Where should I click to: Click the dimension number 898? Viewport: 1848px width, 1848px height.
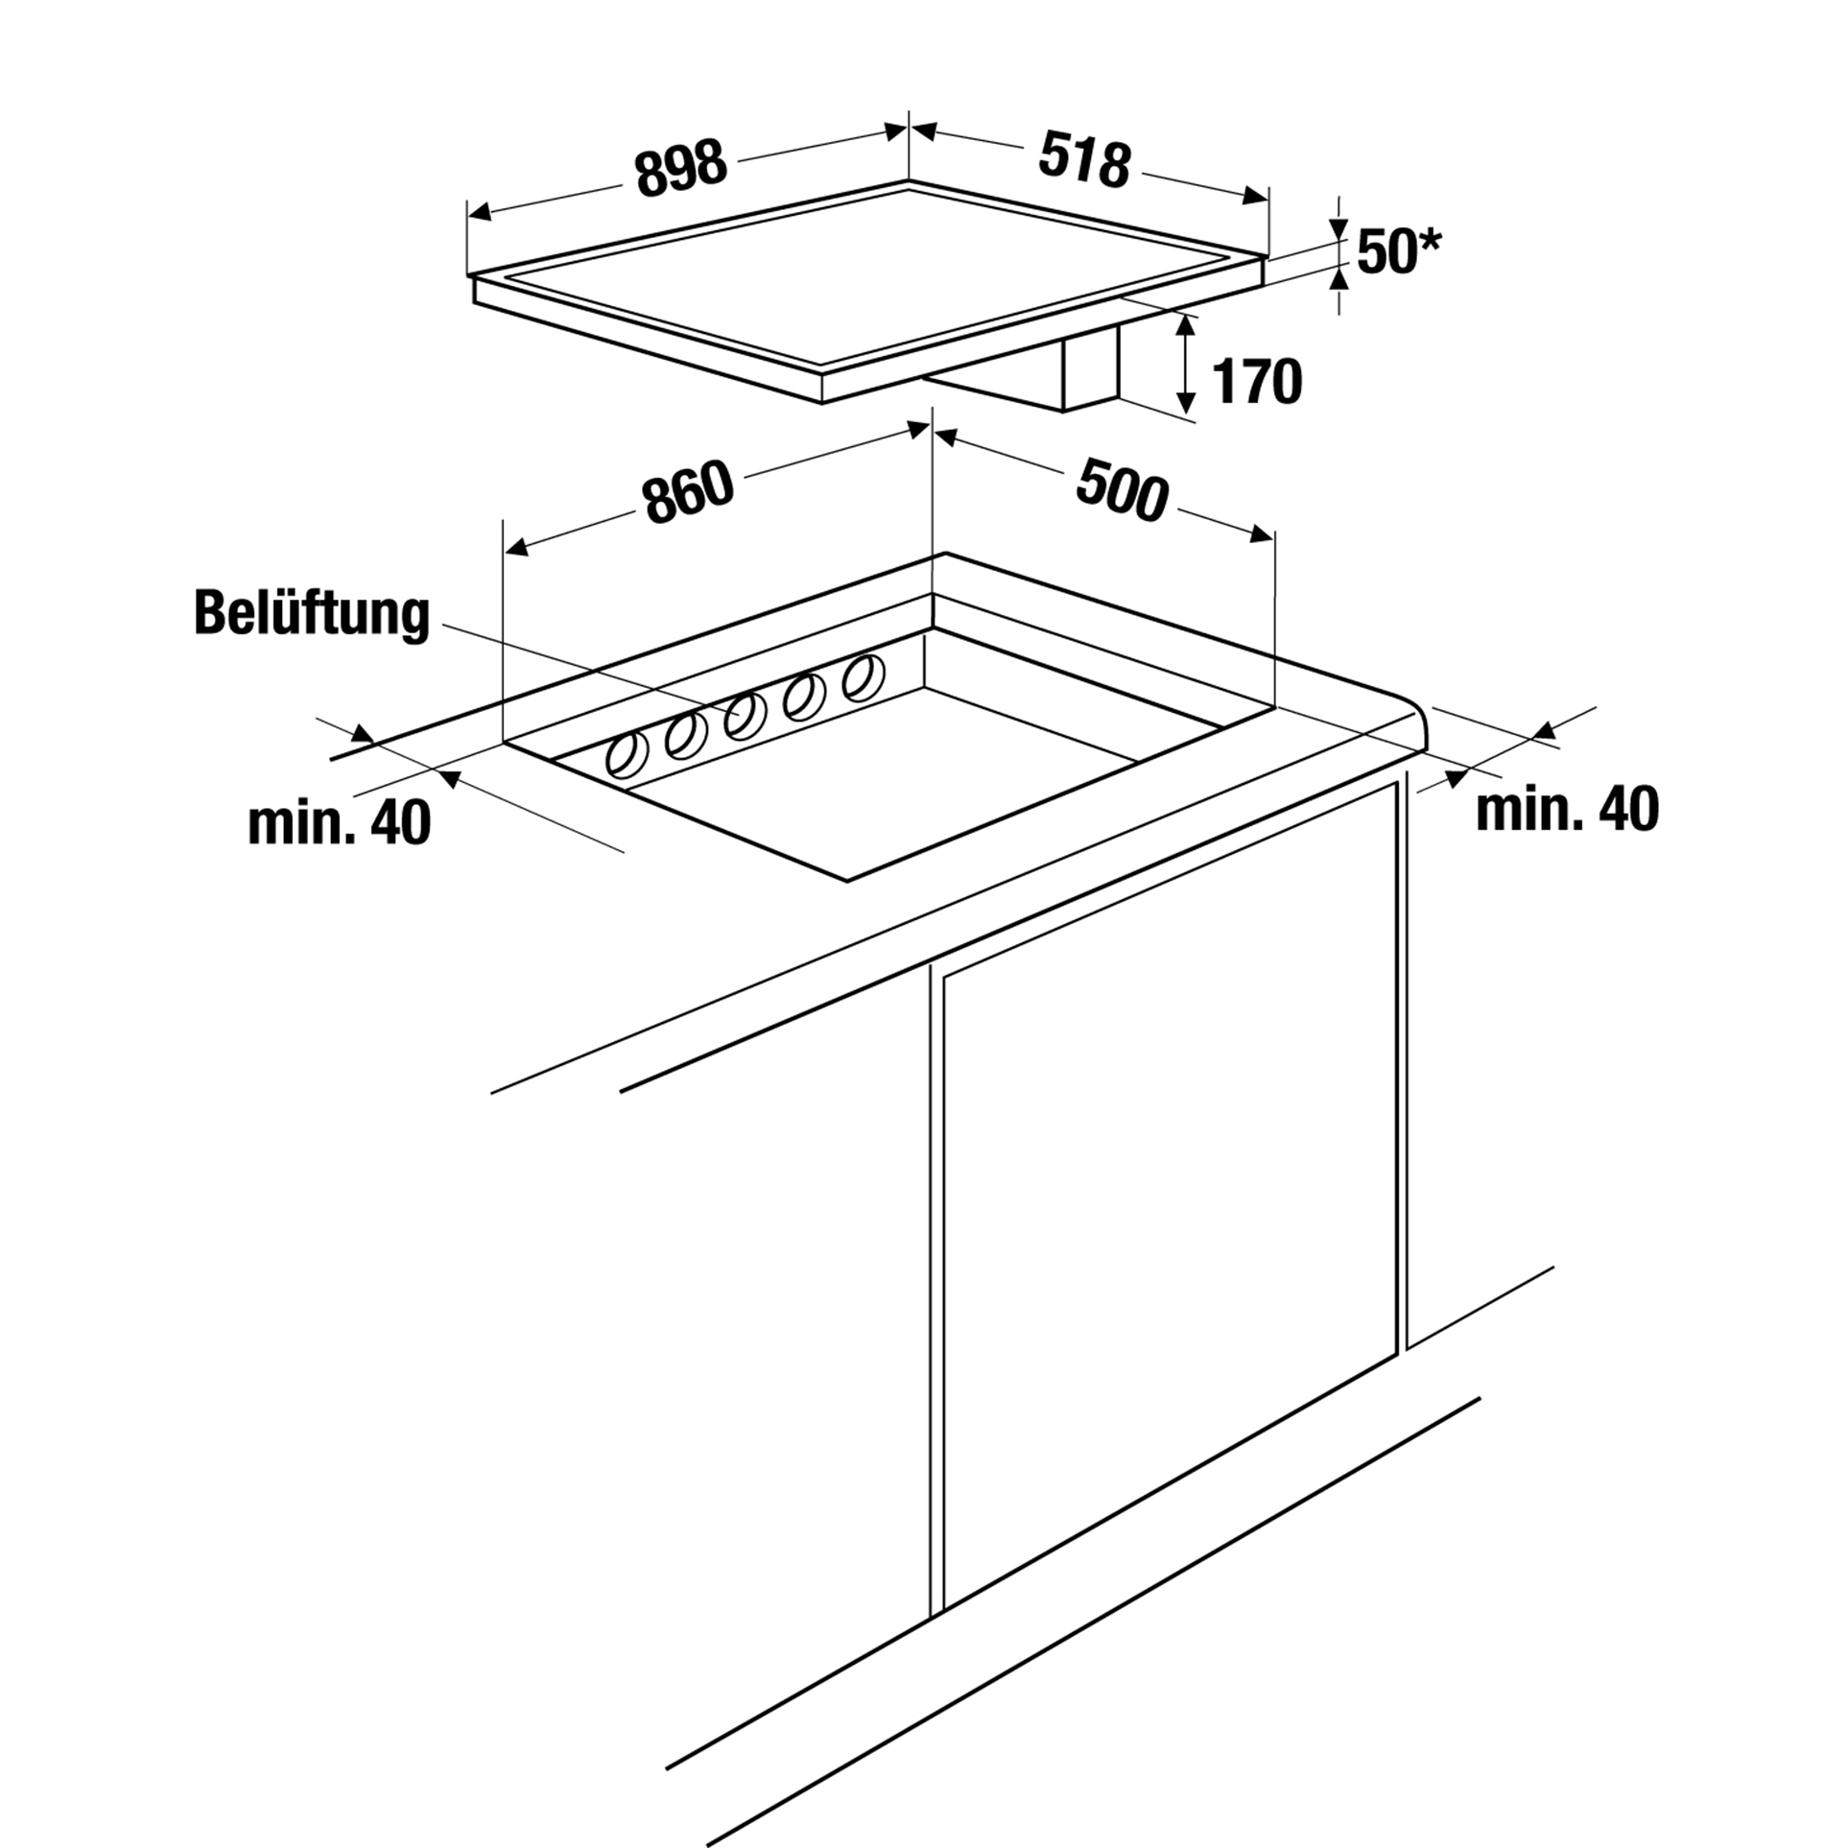pyautogui.click(x=681, y=170)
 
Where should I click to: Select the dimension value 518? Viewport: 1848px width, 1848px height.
pyautogui.click(x=1084, y=161)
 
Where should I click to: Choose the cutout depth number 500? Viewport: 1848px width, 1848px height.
pyautogui.click(x=1122, y=490)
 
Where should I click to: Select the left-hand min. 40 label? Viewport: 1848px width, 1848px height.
pyautogui.click(x=339, y=823)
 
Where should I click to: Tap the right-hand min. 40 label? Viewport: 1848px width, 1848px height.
pyautogui.click(x=1567, y=809)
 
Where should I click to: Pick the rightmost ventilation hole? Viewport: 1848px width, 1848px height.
pyautogui.click(x=863, y=678)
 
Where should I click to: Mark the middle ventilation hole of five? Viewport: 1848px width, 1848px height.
pyautogui.click(x=744, y=716)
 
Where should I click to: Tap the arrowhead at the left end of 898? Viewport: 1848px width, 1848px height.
pyautogui.click(x=478, y=213)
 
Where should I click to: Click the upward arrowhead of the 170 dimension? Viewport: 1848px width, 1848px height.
pyautogui.click(x=1188, y=324)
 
